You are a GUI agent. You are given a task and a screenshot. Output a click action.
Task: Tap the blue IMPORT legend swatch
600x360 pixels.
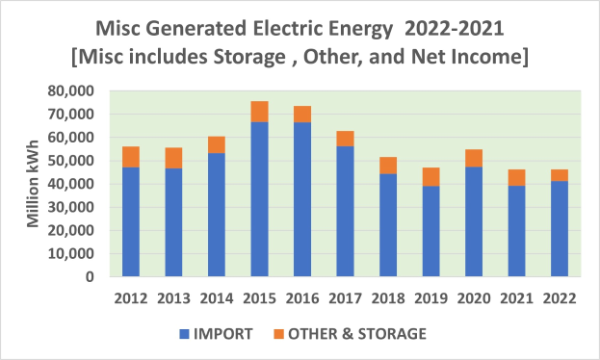[185, 334]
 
